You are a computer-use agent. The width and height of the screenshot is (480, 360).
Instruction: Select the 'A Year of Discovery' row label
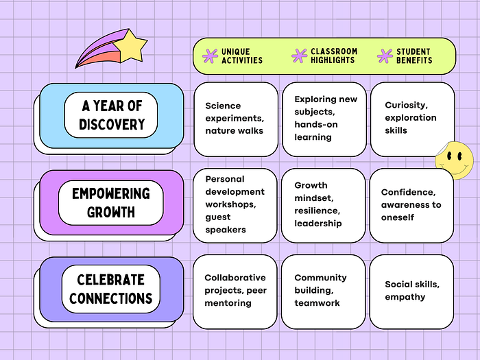click(112, 115)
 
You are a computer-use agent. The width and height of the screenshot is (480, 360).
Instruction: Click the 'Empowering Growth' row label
click(112, 202)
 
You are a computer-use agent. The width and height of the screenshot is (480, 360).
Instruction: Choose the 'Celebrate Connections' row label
click(112, 289)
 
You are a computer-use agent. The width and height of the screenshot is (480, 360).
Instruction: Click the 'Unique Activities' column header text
click(242, 56)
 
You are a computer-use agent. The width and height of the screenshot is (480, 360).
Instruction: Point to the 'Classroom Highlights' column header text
click(334, 56)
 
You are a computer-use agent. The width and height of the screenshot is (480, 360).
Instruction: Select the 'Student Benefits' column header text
click(414, 56)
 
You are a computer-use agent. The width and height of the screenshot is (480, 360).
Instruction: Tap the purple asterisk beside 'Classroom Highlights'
click(299, 56)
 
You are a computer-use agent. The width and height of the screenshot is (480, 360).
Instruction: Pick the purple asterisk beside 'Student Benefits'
click(385, 56)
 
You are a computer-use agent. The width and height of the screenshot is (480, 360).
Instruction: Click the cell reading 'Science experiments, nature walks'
click(235, 119)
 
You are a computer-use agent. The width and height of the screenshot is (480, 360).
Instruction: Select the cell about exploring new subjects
click(323, 119)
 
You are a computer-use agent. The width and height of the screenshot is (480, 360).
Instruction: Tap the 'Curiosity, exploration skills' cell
click(411, 119)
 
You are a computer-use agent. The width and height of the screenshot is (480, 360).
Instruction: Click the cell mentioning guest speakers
click(235, 205)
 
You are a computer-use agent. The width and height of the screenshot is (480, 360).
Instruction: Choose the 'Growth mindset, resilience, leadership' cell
click(323, 205)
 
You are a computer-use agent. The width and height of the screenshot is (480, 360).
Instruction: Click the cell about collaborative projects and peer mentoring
click(235, 291)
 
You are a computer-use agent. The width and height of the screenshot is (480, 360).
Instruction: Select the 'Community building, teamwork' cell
click(323, 291)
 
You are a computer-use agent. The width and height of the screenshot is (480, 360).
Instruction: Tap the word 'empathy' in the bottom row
click(405, 297)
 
